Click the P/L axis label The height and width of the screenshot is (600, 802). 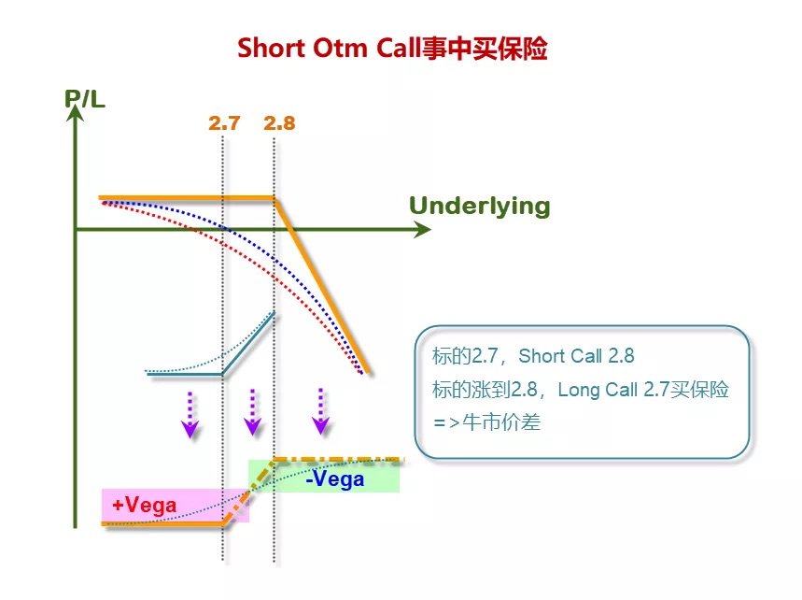[x=85, y=97]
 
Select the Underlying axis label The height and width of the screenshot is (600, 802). [x=479, y=206]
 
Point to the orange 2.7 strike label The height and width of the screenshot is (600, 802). [x=224, y=122]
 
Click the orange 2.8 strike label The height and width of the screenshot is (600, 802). [x=279, y=122]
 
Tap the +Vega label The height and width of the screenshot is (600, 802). [x=144, y=505]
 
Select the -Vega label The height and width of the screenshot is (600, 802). [x=334, y=479]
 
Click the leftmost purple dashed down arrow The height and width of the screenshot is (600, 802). [x=190, y=414]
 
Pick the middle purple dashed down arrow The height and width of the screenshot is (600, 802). [x=251, y=413]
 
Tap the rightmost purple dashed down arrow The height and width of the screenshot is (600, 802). [x=320, y=412]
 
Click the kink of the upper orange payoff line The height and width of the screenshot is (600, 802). [x=274, y=198]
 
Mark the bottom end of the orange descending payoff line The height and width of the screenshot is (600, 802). [x=368, y=372]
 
